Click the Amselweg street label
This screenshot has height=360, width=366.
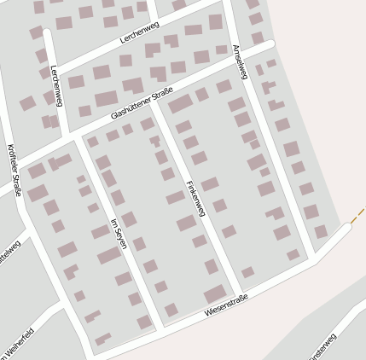coord(240,61)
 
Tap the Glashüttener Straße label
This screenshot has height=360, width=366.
coord(142,104)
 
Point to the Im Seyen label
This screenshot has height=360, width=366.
coord(119,233)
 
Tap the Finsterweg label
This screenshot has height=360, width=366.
coord(322,347)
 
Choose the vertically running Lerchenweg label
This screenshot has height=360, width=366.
coord(57,85)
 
